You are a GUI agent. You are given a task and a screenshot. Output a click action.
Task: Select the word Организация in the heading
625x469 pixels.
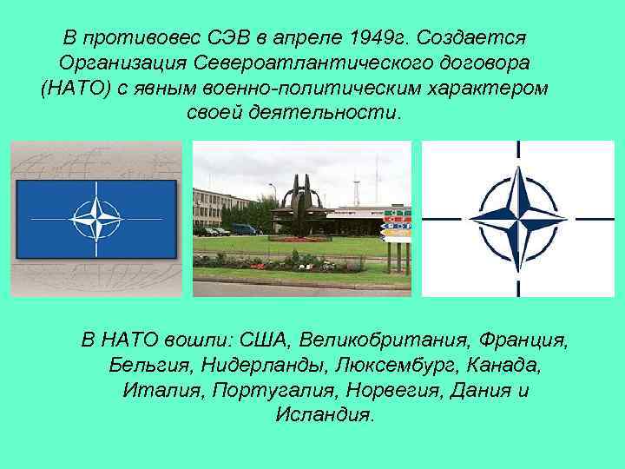[121, 64]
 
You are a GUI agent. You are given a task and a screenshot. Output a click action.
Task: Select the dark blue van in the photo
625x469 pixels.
[244, 229]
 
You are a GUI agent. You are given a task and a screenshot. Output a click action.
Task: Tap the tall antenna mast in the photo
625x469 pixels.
[355, 187]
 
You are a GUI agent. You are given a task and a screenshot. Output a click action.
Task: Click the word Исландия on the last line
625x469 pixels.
[325, 414]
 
